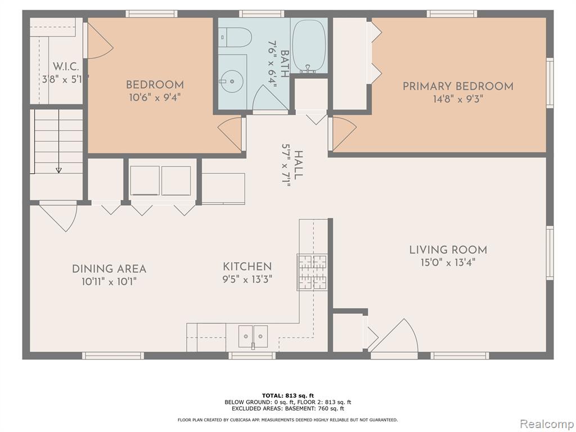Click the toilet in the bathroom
[x=236, y=38]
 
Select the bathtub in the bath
[x=309, y=46]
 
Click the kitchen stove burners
[x=312, y=272]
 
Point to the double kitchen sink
[x=253, y=336]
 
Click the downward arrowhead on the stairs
[x=58, y=170]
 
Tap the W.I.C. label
[x=66, y=67]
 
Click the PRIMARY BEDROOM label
[x=458, y=86]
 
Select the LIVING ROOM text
[x=448, y=250]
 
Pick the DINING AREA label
[x=109, y=269]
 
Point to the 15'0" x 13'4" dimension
[x=448, y=263]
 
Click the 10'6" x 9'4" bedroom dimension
[x=155, y=98]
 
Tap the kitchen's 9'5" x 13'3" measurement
[x=247, y=279]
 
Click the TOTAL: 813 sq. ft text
[x=288, y=395]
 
